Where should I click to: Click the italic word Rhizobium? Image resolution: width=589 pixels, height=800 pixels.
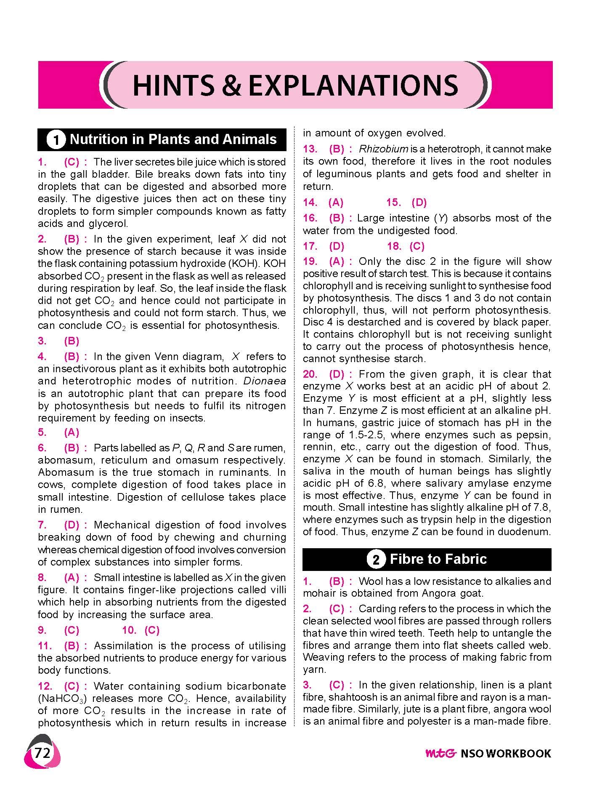pyautogui.click(x=384, y=149)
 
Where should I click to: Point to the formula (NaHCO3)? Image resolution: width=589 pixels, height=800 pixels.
pyautogui.click(x=63, y=699)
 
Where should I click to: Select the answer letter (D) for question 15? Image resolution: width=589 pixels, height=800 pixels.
pyautogui.click(x=419, y=203)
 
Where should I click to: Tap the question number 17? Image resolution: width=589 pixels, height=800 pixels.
pyautogui.click(x=310, y=246)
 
